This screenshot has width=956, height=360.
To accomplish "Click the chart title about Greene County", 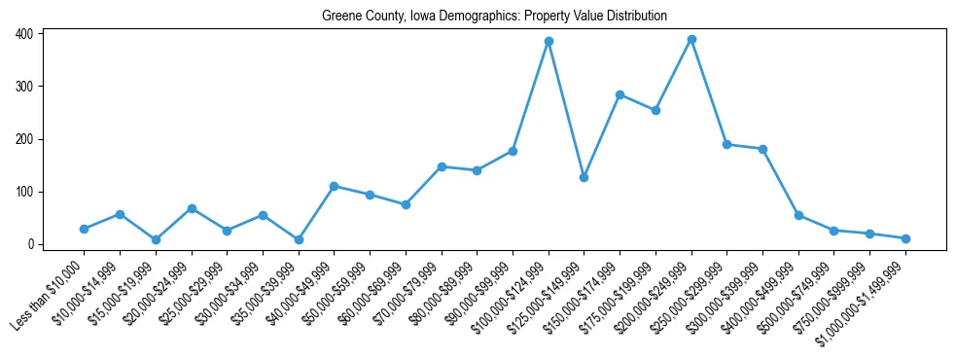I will coord(495,16).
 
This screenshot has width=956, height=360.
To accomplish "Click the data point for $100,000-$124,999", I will coord(549,42).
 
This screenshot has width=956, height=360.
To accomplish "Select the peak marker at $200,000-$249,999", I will coord(691,40).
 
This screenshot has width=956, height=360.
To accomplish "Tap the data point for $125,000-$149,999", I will coord(584,177).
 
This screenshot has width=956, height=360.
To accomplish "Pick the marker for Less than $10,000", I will coord(85,229).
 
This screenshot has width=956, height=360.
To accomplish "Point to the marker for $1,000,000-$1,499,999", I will coord(905,238).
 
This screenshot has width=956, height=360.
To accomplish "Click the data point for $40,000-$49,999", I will coord(335,186).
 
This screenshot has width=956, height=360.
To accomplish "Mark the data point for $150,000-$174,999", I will coord(620,94).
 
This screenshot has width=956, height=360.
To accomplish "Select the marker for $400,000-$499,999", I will coord(798,215).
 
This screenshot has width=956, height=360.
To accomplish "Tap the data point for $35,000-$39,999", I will coord(299,239).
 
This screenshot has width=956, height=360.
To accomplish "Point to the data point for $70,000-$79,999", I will coord(442,166).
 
